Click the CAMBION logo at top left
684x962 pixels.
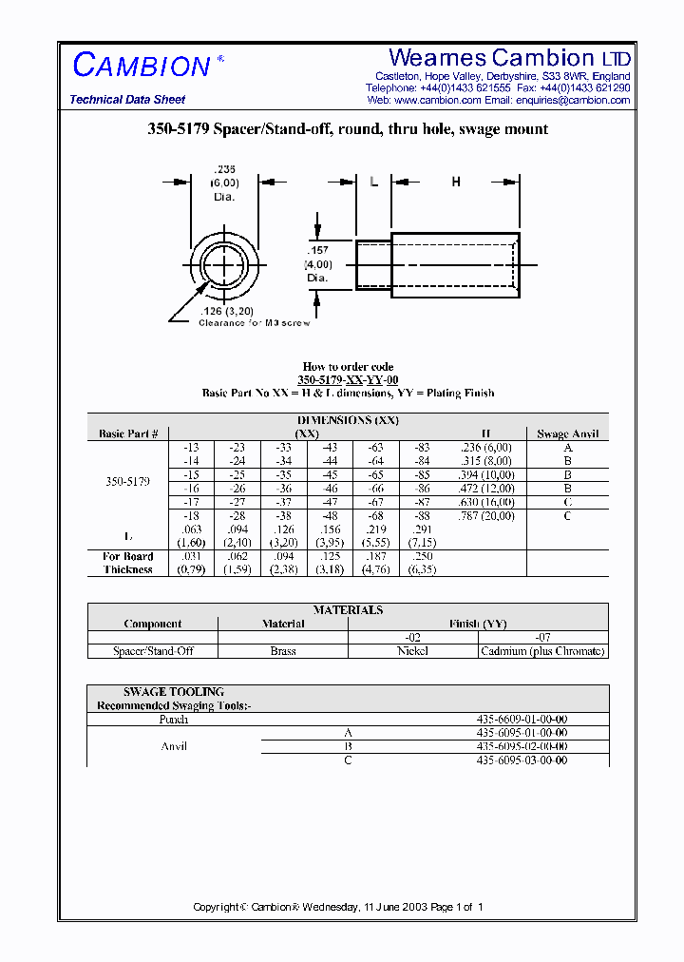coord(142,66)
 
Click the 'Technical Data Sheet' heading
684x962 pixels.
coord(127,100)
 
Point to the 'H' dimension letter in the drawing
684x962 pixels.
coord(455,182)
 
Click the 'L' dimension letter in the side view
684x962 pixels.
coord(374,182)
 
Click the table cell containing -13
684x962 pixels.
coord(191,447)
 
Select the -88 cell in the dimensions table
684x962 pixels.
coord(423,516)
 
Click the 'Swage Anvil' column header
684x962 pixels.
coord(567,433)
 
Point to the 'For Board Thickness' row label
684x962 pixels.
coord(127,563)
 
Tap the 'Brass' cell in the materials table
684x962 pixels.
coord(283,651)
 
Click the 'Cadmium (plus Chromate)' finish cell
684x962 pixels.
coord(542,651)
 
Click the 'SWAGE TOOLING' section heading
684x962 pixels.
coord(161,692)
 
